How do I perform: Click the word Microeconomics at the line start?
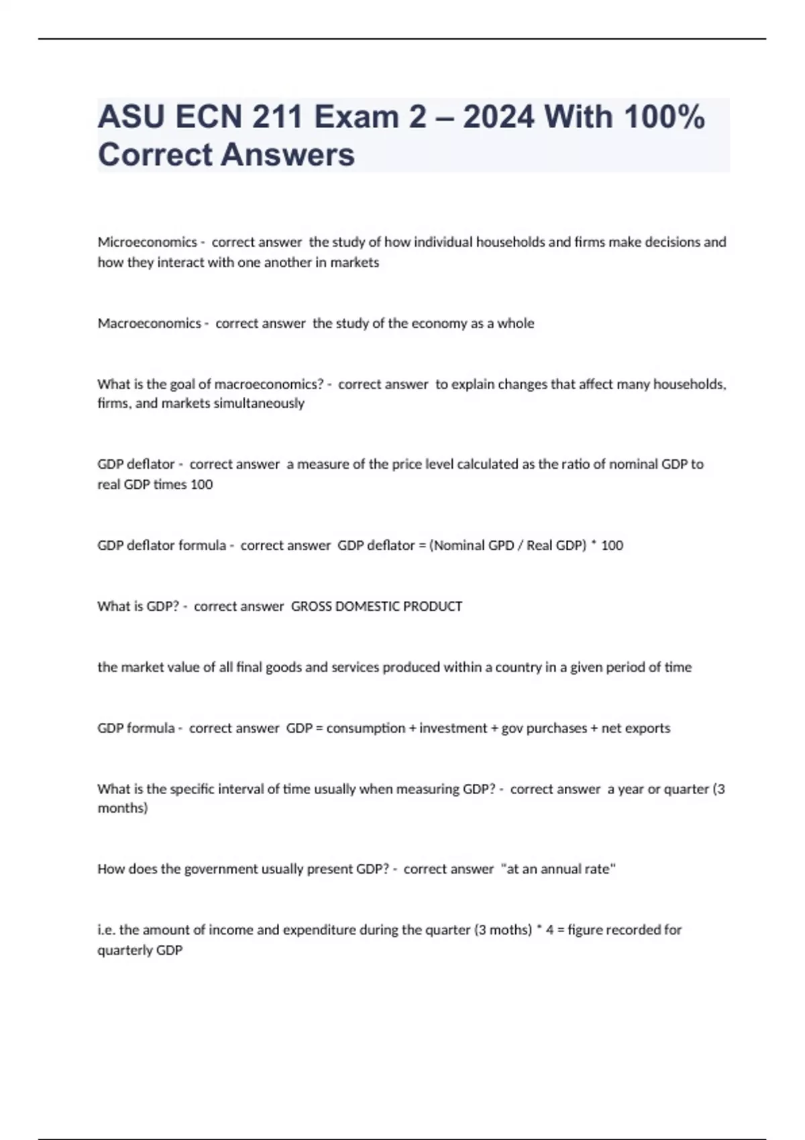pos(147,242)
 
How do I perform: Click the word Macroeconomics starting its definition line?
pos(149,323)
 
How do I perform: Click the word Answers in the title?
pos(288,155)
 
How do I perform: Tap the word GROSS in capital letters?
pos(311,606)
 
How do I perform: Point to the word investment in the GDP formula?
pos(453,728)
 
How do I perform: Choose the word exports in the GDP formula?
pos(648,728)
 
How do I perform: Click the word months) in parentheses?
pos(123,808)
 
